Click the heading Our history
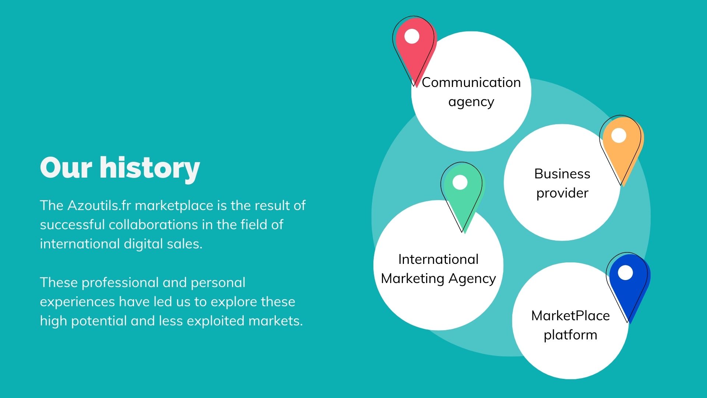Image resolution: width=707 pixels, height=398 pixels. pyautogui.click(x=120, y=168)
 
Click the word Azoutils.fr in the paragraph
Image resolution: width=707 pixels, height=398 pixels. pyautogui.click(x=99, y=205)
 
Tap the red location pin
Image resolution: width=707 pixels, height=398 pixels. pyautogui.click(x=415, y=52)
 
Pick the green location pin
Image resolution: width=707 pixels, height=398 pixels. pyautogui.click(x=463, y=197)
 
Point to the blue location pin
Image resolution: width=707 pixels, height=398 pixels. pyautogui.click(x=628, y=288)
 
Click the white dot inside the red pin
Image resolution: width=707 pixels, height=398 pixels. pyautogui.click(x=412, y=36)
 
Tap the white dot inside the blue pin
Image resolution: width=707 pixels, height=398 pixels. pyautogui.click(x=625, y=273)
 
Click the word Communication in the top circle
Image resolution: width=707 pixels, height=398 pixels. pyautogui.click(x=471, y=82)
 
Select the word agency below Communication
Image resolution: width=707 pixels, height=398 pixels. pyautogui.click(x=471, y=102)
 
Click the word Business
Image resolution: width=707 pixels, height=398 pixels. pyautogui.click(x=562, y=174)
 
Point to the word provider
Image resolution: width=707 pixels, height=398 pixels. pyautogui.click(x=562, y=193)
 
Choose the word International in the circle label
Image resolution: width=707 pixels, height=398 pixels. pyautogui.click(x=438, y=259)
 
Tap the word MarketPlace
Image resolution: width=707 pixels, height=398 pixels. pyautogui.click(x=570, y=315)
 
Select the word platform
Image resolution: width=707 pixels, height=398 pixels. pyautogui.click(x=570, y=335)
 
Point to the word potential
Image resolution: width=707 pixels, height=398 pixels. pyautogui.click(x=99, y=321)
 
